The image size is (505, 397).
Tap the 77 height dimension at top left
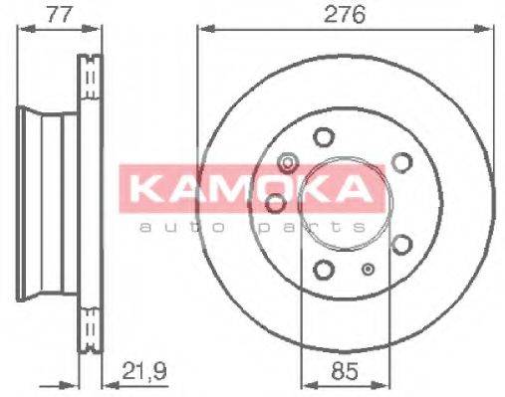tap(35, 15)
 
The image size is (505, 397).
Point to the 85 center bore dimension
tap(344, 372)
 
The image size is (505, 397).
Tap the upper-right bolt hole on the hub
tap(402, 161)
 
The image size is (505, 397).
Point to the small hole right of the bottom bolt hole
tap(370, 270)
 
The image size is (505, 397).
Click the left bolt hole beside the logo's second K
tap(275, 203)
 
